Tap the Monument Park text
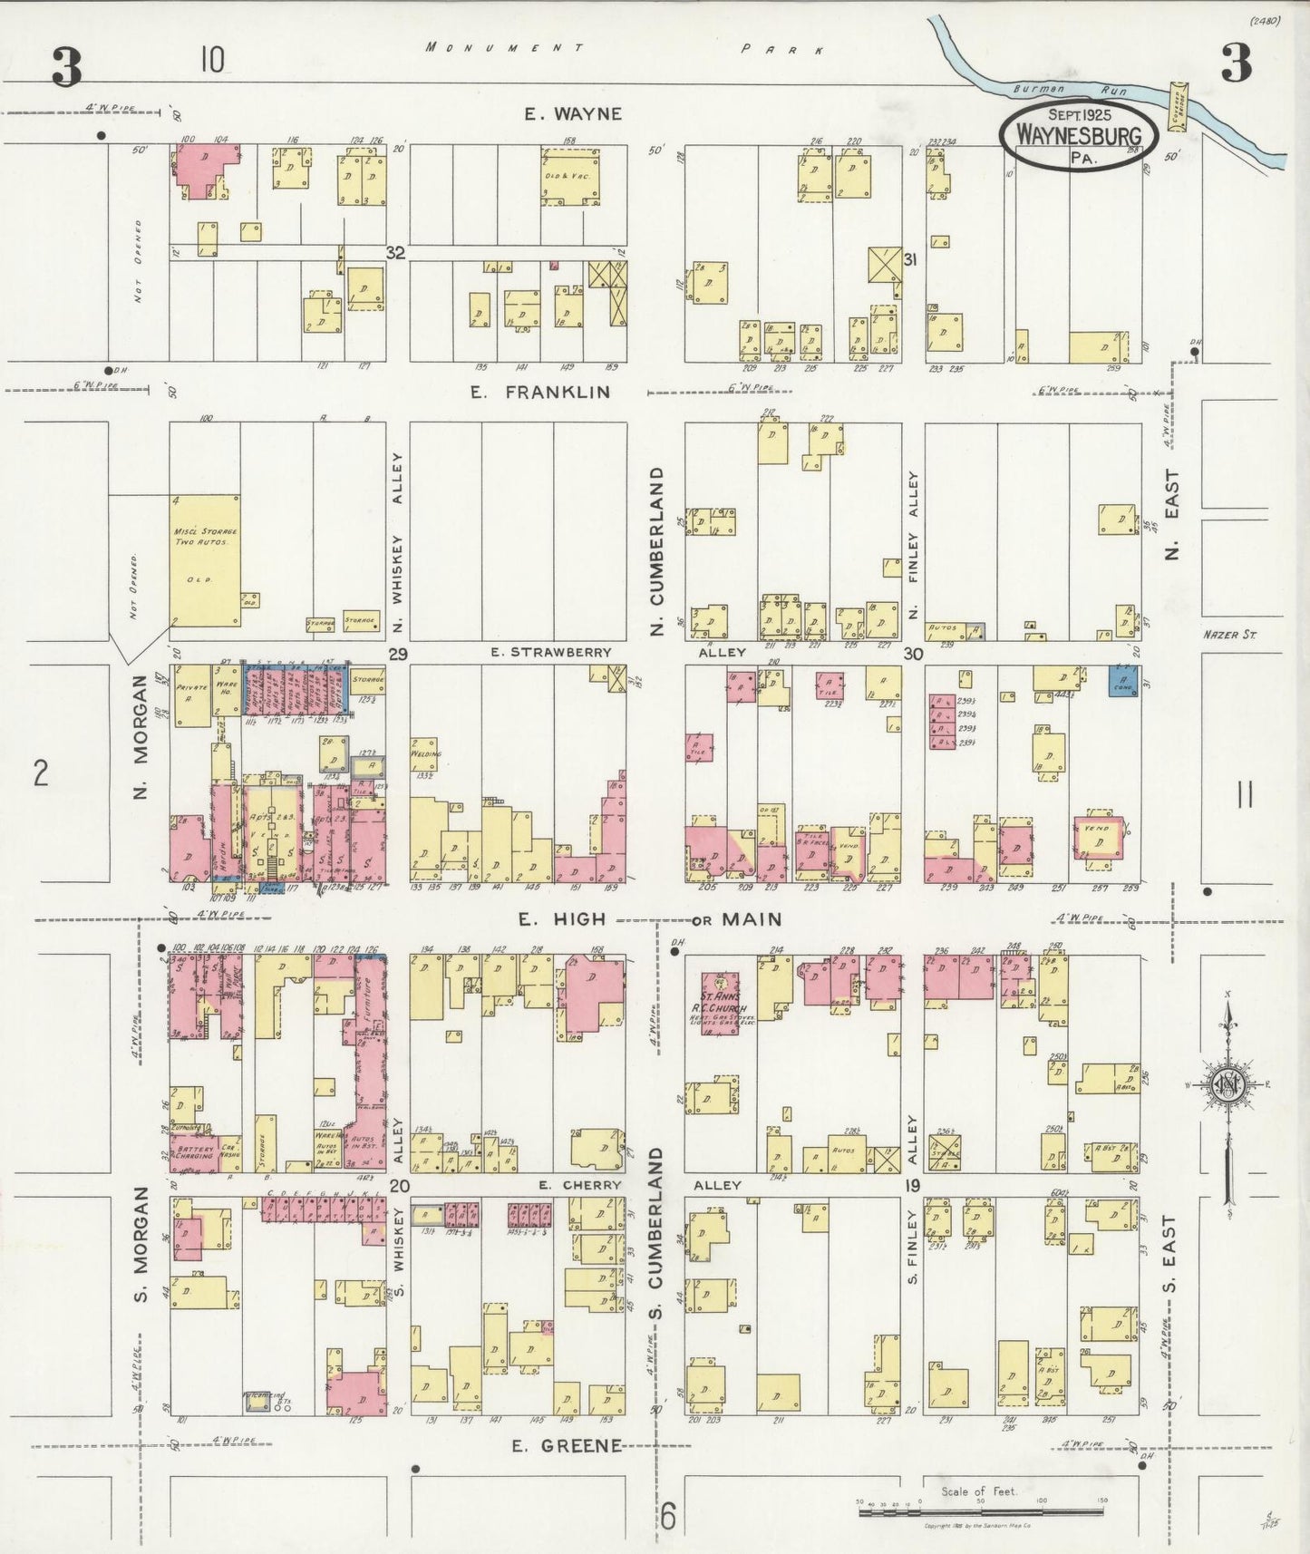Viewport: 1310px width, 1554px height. [x=626, y=48]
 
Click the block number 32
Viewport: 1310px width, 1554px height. [x=394, y=253]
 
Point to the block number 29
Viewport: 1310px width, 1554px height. [x=395, y=653]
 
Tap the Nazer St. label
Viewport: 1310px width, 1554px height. [x=1229, y=635]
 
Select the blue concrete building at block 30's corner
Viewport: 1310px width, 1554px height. [x=1125, y=681]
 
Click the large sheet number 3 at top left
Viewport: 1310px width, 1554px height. [x=66, y=67]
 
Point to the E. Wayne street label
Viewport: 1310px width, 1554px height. [x=573, y=113]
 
